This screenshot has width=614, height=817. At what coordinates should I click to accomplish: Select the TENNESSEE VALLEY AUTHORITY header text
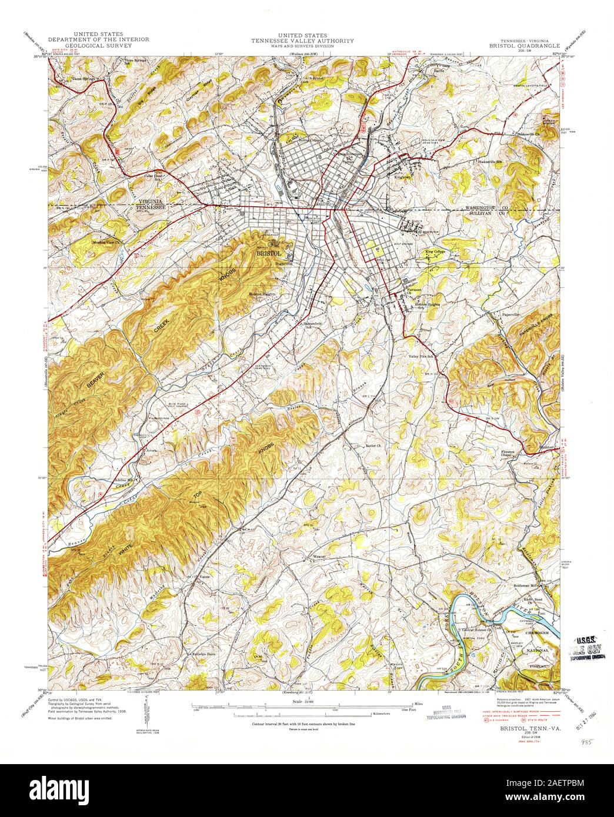[x=303, y=41]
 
